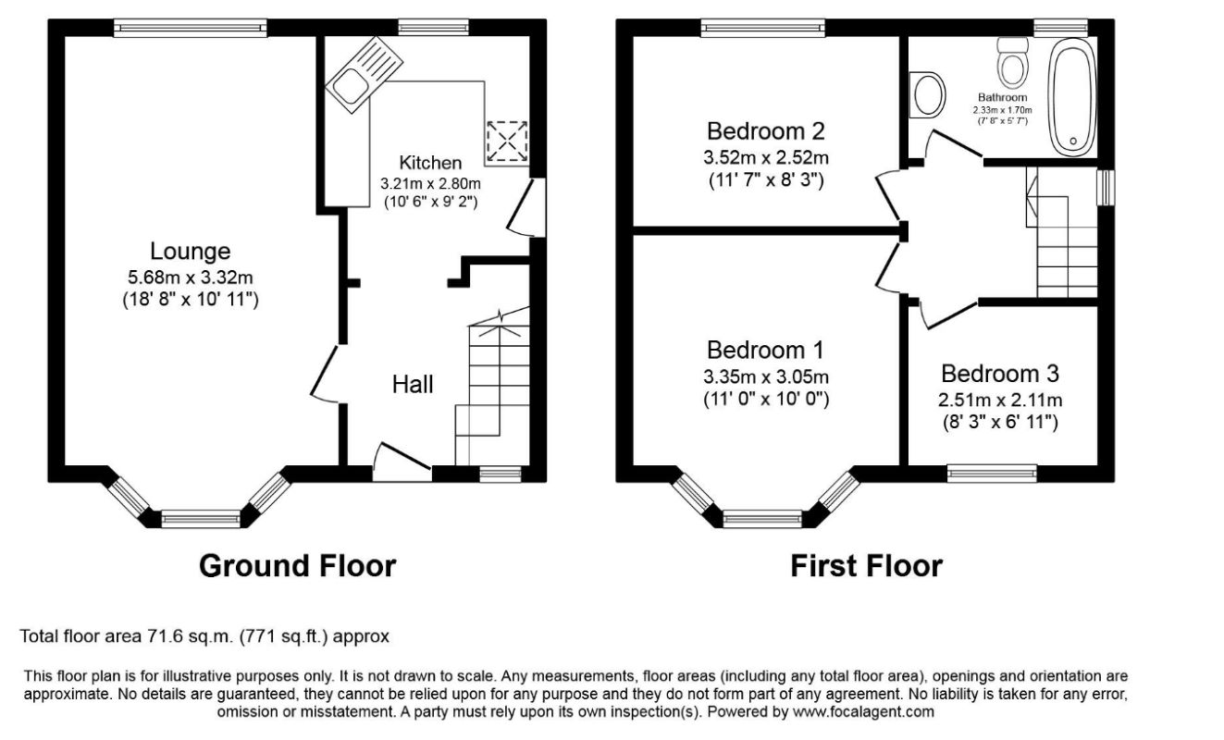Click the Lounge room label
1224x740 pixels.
click(191, 252)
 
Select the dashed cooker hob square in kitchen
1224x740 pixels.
click(507, 141)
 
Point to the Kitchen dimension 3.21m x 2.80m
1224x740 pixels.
click(430, 183)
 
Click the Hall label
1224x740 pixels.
click(413, 384)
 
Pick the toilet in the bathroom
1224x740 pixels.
click(1012, 62)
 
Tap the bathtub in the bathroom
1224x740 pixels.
click(1072, 97)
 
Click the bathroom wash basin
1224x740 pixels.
click(927, 95)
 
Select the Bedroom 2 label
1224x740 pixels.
click(765, 131)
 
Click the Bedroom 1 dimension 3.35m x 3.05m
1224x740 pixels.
click(765, 376)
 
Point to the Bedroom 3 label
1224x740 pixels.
click(1000, 374)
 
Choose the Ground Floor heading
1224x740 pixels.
click(297, 566)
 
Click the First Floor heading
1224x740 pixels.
click(866, 566)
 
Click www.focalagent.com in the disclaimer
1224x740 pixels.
click(863, 712)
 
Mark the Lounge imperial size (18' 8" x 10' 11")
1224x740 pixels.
click(191, 300)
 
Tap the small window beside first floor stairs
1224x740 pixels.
click(1106, 188)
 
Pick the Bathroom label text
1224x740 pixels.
click(1002, 98)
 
